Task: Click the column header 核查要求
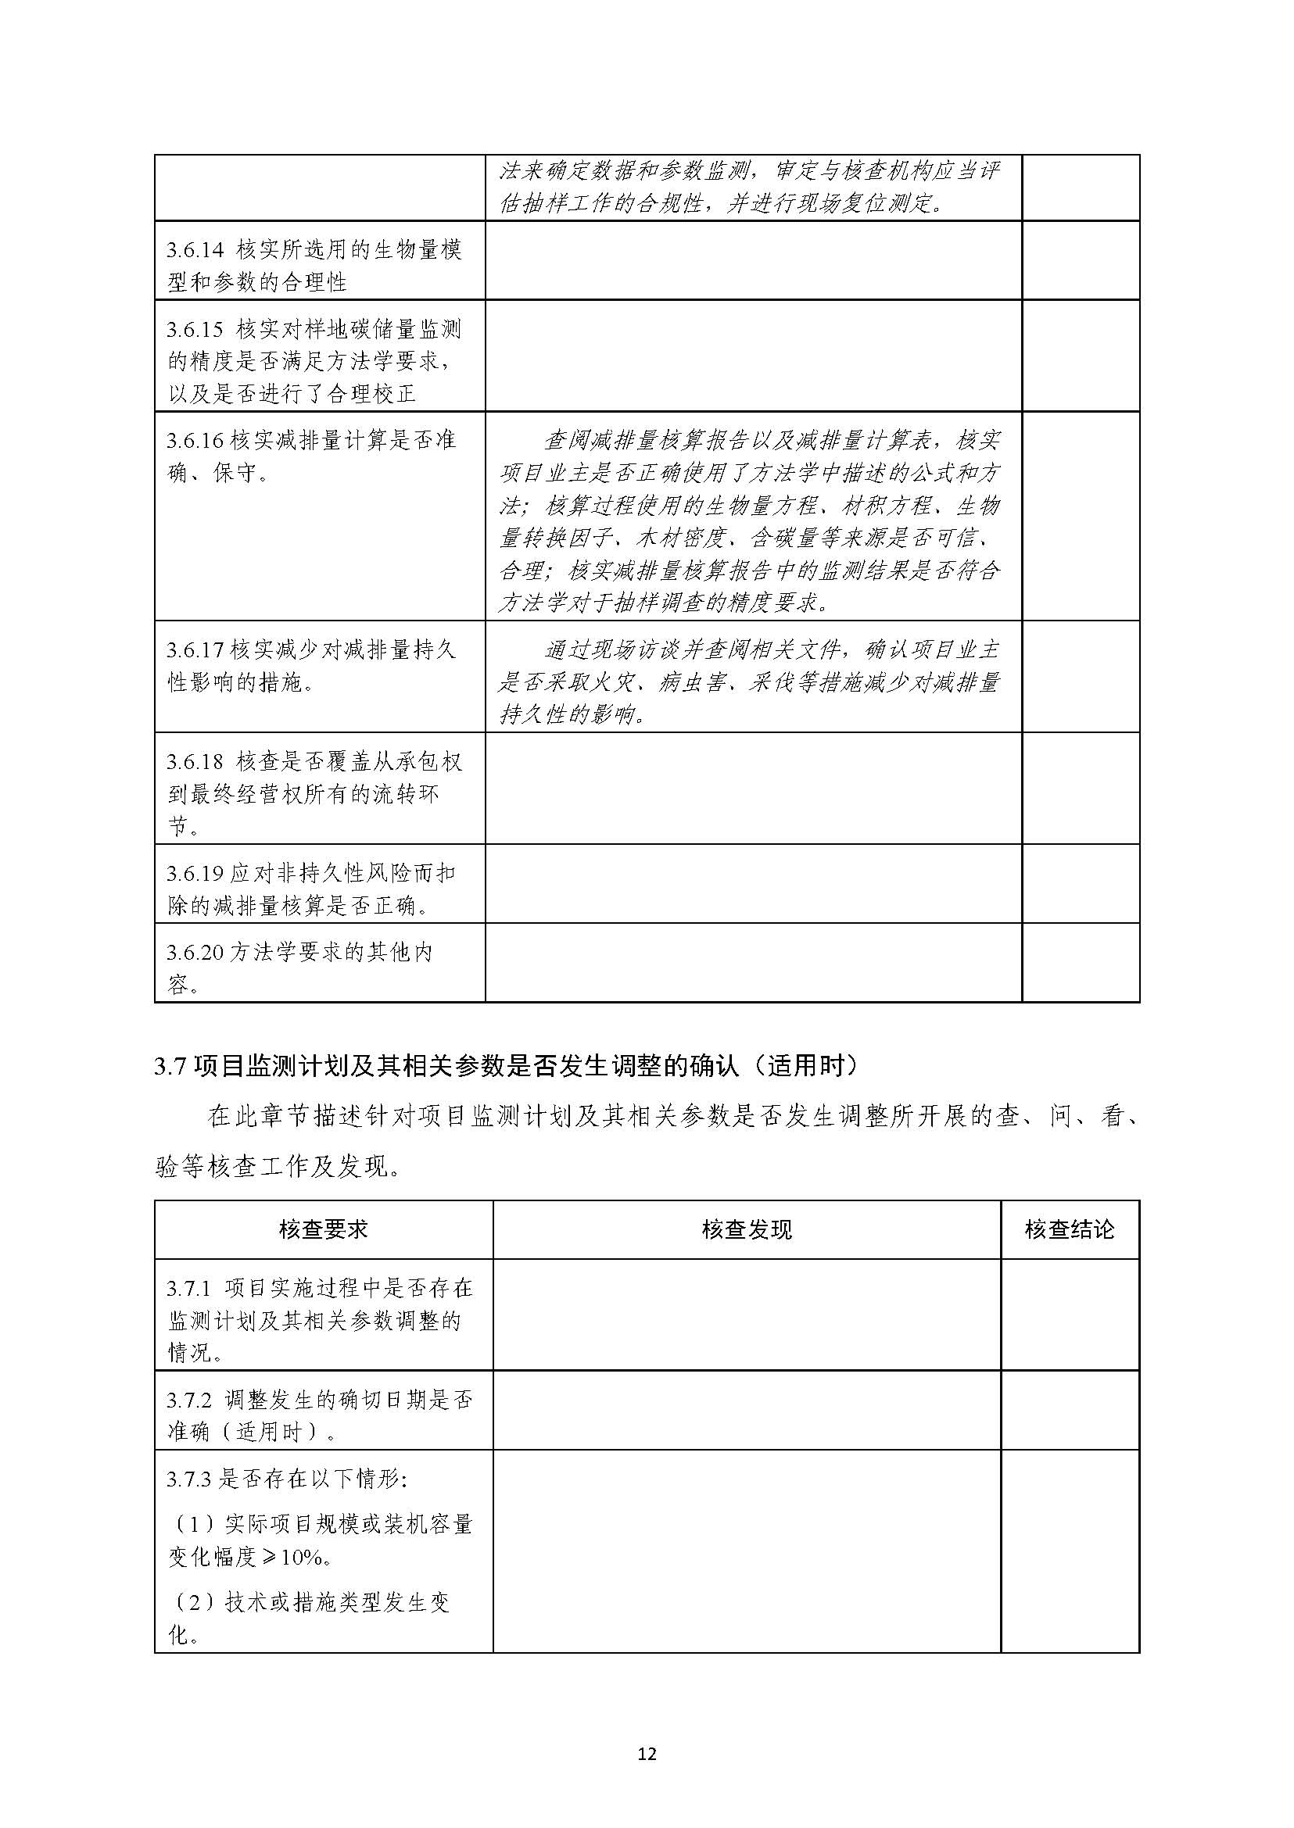click(x=324, y=1229)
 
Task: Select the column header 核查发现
click(x=747, y=1229)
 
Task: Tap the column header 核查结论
click(x=1070, y=1229)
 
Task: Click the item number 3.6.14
click(x=195, y=250)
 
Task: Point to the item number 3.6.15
click(x=195, y=330)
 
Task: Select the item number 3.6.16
click(x=195, y=440)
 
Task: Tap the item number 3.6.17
click(x=195, y=650)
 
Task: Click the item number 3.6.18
click(x=195, y=761)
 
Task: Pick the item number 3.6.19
click(x=195, y=873)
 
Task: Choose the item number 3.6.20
click(x=195, y=952)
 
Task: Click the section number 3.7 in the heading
click(x=170, y=1067)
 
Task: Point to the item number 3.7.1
click(x=189, y=1288)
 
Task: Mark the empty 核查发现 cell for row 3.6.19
click(x=753, y=883)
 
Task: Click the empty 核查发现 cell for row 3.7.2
click(x=747, y=1409)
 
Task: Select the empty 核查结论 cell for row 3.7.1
click(x=1070, y=1315)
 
